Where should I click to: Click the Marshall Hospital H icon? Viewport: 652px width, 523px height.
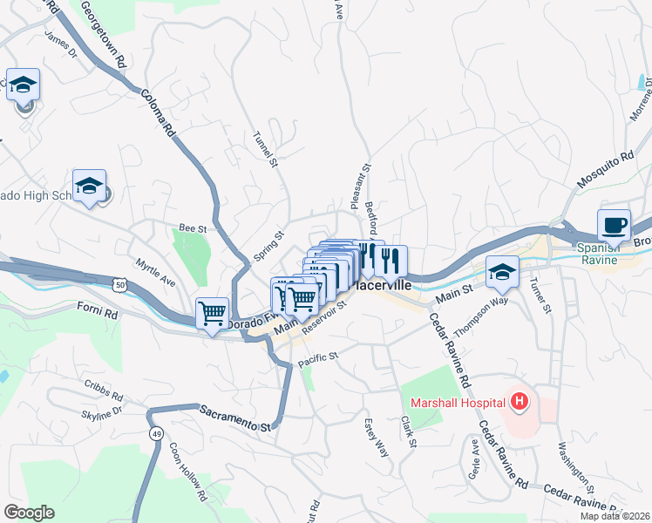pos(520,402)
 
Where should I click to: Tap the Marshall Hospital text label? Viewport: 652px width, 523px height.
pos(458,403)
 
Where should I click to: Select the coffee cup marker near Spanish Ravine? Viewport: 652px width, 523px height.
pos(614,226)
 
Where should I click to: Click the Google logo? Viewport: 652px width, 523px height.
pos(28,513)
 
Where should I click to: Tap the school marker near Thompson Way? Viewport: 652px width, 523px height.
pos(502,272)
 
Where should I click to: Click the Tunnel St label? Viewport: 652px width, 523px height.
pos(265,148)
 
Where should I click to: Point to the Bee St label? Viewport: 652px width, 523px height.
pos(191,228)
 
